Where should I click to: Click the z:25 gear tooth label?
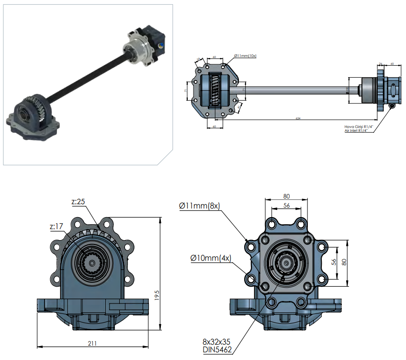pos(78,202)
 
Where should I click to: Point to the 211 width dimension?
pos(92,343)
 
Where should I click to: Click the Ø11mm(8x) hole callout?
pos(199,206)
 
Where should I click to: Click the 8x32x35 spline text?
pos(217,342)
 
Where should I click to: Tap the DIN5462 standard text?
pos(217,350)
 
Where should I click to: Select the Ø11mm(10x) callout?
pos(246,56)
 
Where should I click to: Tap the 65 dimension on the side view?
pos(392,63)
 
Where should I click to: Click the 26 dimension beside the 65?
pos(380,63)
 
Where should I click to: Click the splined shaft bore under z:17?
pos(91,263)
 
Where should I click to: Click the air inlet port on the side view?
pos(393,105)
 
